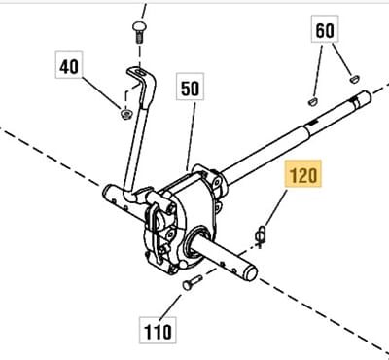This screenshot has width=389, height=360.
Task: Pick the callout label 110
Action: point(158,330)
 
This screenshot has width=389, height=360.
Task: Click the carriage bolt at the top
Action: point(139,32)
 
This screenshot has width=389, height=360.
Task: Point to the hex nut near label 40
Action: point(125,114)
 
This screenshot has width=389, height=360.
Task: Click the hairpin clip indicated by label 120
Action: point(261,236)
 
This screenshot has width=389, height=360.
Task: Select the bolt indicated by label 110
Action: point(193,282)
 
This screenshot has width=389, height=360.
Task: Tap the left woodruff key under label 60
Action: point(312,102)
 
